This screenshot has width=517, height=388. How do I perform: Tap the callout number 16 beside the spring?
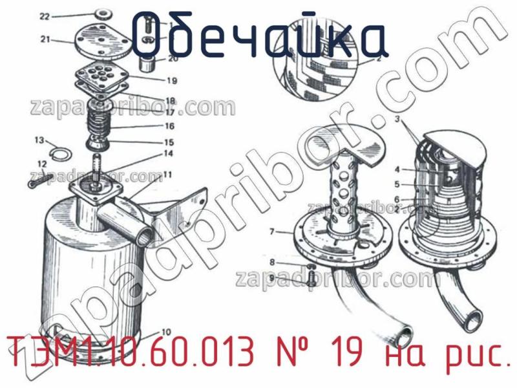click(x=169, y=126)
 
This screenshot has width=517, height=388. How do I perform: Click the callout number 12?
click(x=42, y=164)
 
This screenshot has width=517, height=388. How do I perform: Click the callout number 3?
click(x=398, y=119)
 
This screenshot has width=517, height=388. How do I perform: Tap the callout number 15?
click(x=169, y=142)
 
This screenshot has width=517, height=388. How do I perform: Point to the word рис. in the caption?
click(x=474, y=358)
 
